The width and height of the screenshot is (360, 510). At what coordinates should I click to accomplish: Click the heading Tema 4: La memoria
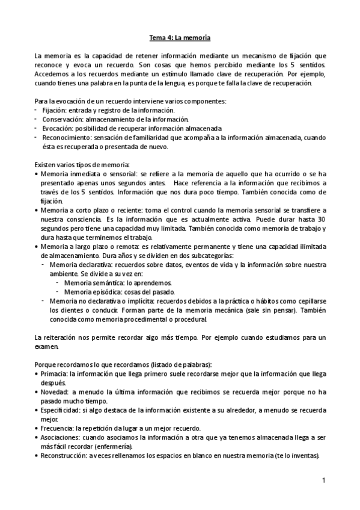[180, 37]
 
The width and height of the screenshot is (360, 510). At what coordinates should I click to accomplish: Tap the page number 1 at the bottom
[323, 481]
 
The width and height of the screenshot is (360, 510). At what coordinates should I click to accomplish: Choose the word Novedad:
[54, 392]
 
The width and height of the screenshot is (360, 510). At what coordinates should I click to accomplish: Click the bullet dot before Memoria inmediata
[37, 173]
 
